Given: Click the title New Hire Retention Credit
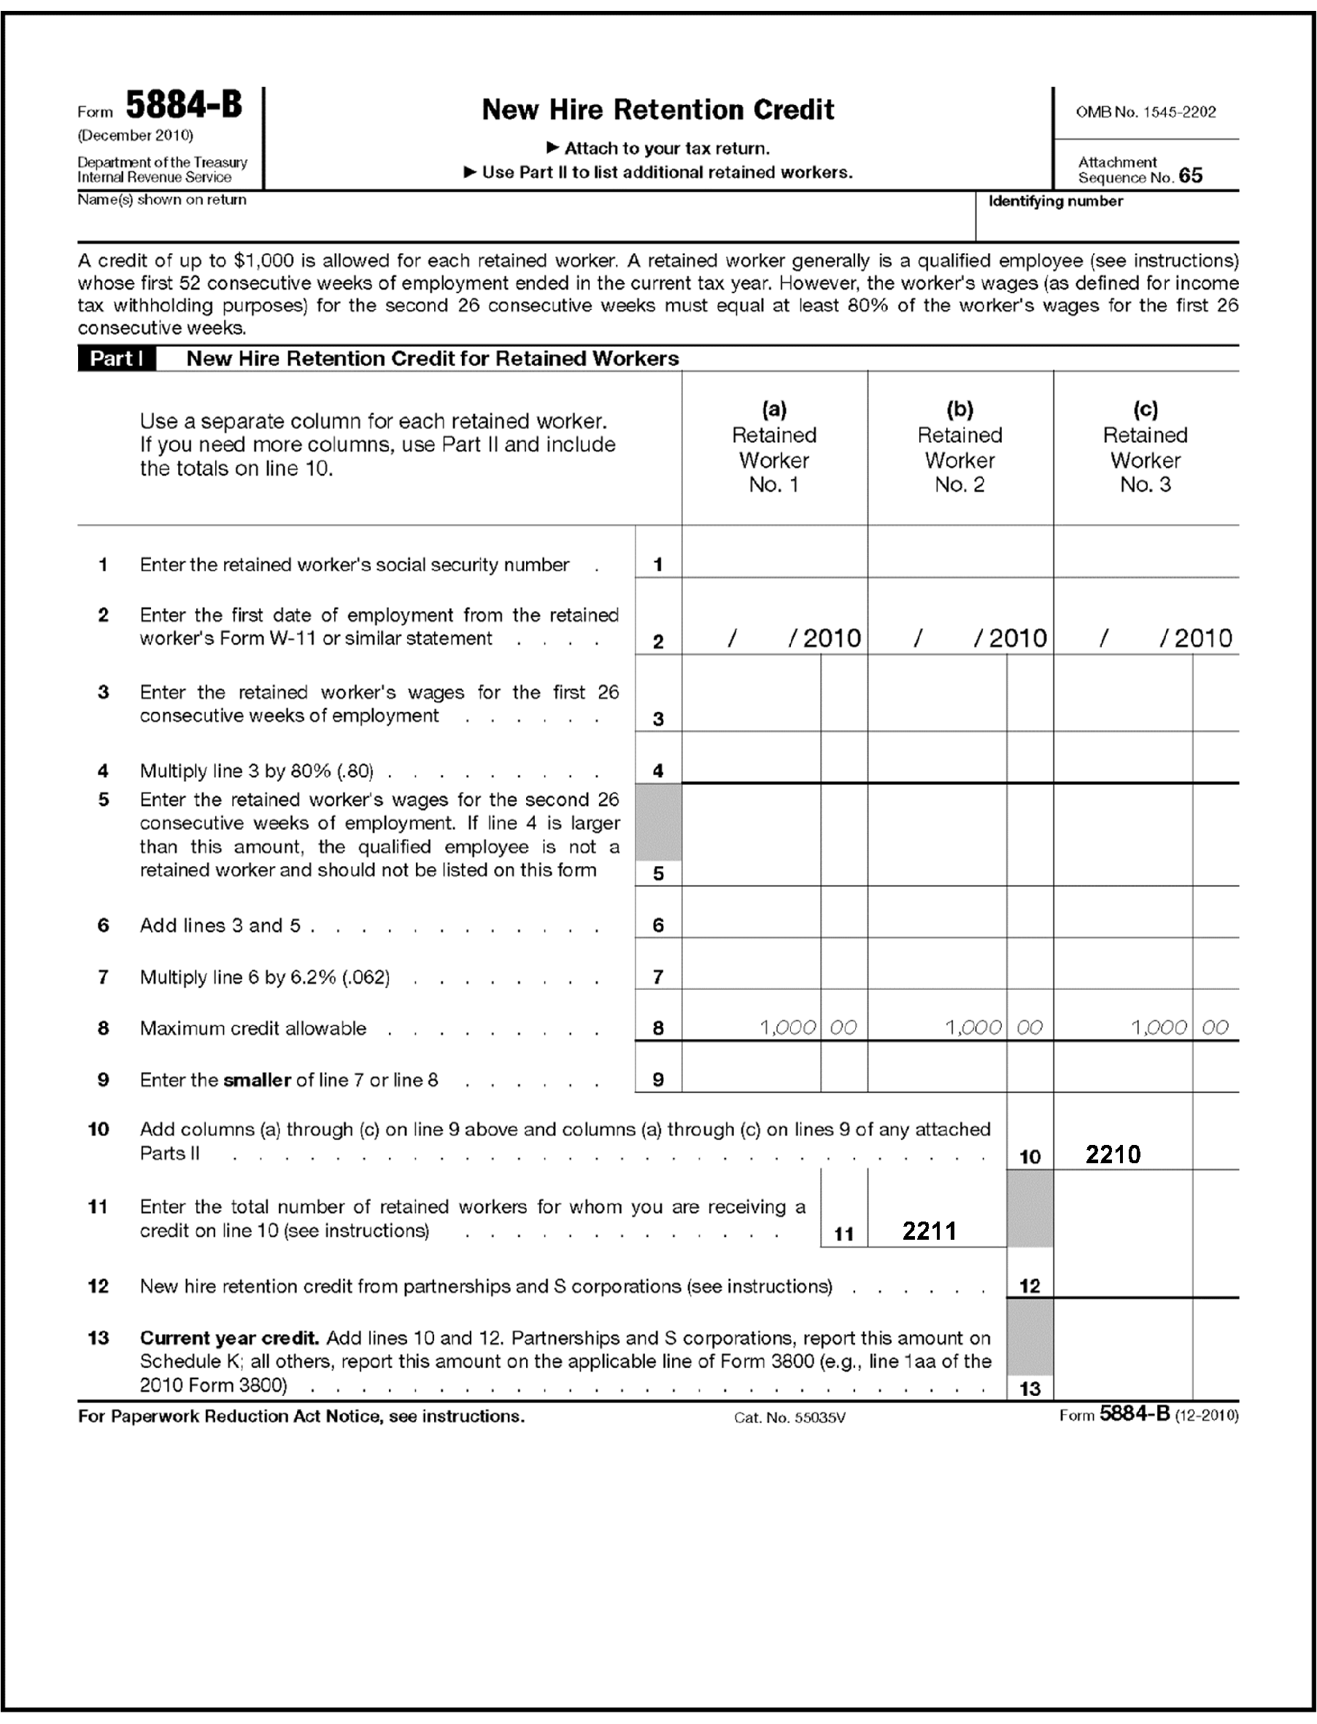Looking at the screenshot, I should pos(657,109).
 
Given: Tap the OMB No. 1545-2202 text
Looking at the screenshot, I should pos(1146,112).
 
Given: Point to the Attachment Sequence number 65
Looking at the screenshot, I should pos(1190,176).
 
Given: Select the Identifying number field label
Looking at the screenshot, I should pos(1055,201).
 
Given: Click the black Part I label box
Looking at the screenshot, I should pos(116,359).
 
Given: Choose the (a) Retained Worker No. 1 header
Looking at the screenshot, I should pos(773,446).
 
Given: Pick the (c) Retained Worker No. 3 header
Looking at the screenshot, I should pos(1146,446).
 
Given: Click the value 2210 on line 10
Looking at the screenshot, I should pos(1113,1154).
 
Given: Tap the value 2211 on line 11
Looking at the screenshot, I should pos(929,1231).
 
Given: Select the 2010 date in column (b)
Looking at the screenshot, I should pos(1017,639).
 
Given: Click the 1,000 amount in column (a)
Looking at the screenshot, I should pos(787,1028).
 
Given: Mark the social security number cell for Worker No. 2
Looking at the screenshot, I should pos(959,554).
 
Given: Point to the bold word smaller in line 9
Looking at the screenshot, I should pos(257,1080).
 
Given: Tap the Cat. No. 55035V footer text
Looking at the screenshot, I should pos(789,1418).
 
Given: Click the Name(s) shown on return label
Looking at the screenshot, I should pos(161,200).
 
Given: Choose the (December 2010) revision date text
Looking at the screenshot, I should pos(135,136).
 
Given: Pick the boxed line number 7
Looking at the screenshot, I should pos(657,977).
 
